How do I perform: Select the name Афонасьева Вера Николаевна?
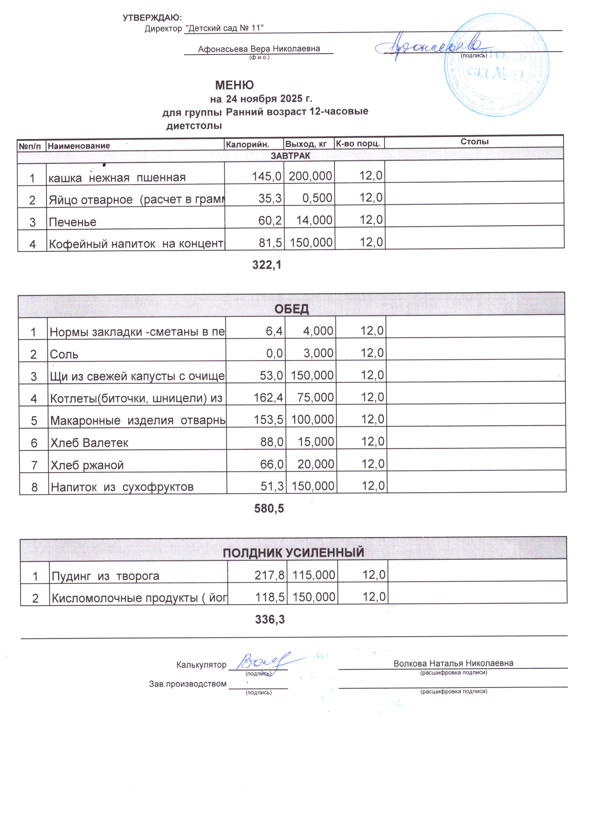click(259, 49)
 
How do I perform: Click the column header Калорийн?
click(247, 144)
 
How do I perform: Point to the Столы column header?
click(474, 142)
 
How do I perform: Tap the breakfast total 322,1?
click(267, 265)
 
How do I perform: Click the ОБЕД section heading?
click(292, 309)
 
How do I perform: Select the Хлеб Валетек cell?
click(89, 443)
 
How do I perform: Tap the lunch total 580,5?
click(269, 509)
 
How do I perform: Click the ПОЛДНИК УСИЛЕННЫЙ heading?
click(293, 553)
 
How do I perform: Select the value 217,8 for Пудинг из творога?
click(270, 575)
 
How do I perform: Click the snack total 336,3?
click(270, 619)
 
